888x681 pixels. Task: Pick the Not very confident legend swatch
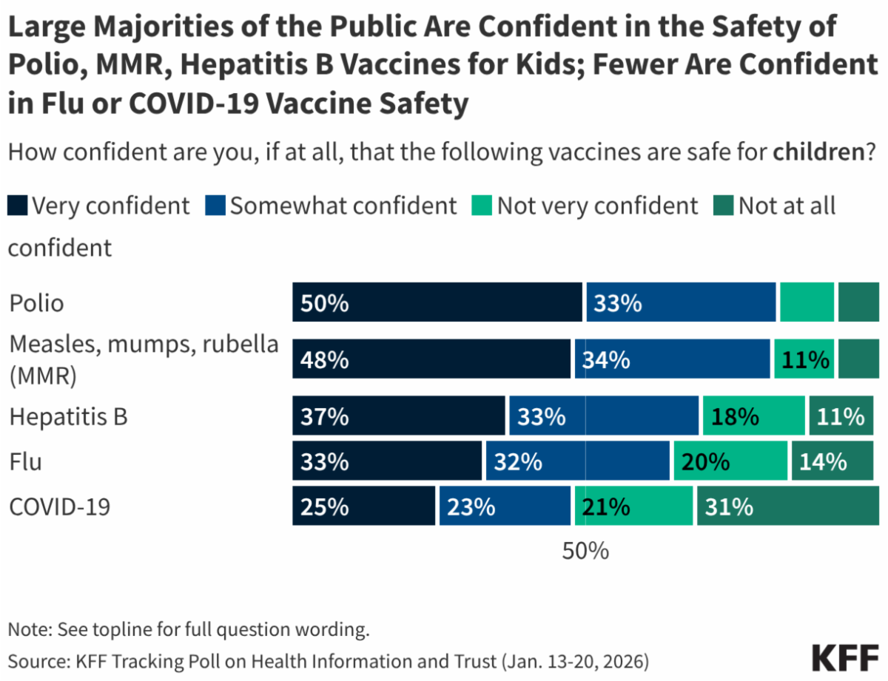(482, 206)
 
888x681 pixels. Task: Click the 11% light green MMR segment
(804, 359)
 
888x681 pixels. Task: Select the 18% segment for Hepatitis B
(753, 416)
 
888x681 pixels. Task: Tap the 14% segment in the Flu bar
(832, 461)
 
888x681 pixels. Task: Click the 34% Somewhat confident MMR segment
(672, 359)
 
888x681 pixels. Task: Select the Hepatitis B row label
(68, 416)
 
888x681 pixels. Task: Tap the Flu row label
(25, 462)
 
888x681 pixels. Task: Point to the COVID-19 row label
(59, 506)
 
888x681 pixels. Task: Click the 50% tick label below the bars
(585, 551)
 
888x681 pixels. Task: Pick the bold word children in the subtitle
(818, 153)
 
